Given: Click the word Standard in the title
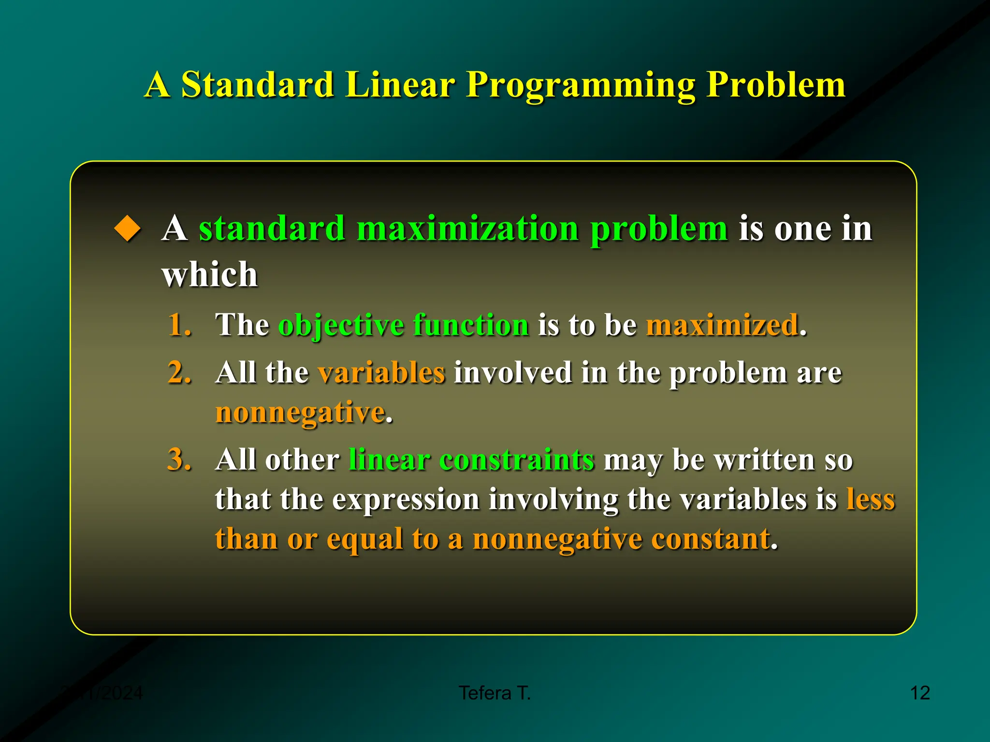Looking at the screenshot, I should point(257,85).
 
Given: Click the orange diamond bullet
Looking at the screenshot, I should point(128,228).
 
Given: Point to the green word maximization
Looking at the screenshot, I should point(467,228).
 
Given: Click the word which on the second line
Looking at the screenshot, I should point(209,274).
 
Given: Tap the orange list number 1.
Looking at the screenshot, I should point(179,324).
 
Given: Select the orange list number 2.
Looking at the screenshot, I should point(179,372).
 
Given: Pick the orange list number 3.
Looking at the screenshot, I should point(179,459).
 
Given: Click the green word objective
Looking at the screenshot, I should point(341,325).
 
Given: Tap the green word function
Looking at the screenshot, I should point(471,324).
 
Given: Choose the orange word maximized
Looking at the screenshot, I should point(722,324).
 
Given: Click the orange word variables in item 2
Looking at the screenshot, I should point(381,372).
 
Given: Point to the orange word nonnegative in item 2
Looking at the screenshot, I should point(300,413).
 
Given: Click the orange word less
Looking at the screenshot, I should point(871,499).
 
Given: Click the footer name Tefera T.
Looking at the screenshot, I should point(495,693).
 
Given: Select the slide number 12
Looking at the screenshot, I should point(919,693).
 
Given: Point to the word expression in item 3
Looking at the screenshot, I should point(405,499).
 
